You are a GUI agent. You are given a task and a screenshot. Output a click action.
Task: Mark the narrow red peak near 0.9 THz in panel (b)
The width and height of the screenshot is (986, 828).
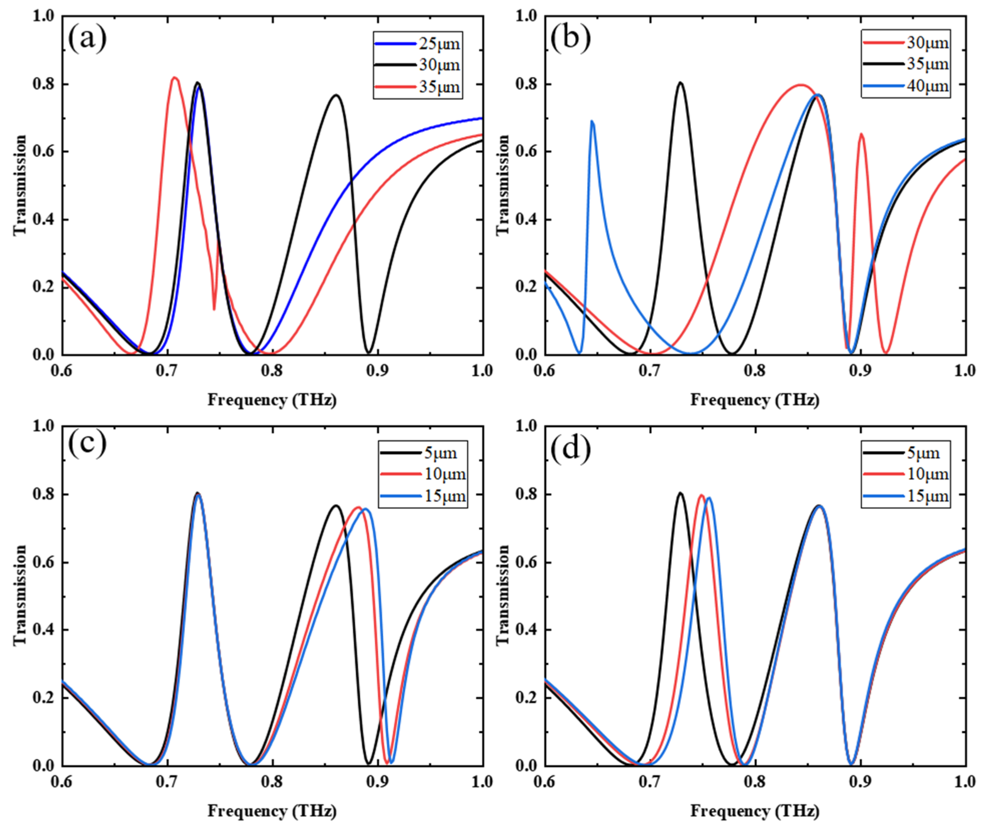[861, 134]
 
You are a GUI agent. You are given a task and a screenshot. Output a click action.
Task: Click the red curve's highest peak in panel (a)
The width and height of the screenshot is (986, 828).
[175, 77]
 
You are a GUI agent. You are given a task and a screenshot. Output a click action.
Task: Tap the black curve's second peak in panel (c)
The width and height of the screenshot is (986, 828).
[336, 506]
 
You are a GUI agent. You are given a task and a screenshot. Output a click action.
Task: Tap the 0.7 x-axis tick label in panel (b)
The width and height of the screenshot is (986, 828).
[650, 371]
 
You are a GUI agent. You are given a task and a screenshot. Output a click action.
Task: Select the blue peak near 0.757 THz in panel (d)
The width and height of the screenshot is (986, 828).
[709, 498]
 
